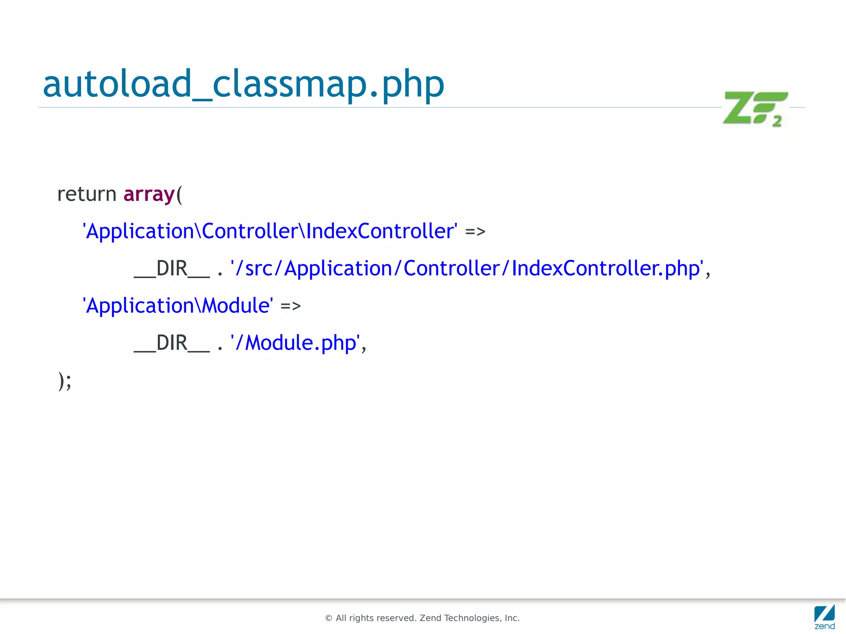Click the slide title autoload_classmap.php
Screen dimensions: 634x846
click(243, 84)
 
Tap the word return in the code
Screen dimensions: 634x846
click(87, 194)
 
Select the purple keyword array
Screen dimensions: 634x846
click(149, 194)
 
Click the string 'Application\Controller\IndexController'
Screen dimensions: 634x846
click(270, 231)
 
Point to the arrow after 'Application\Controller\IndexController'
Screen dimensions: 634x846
click(475, 232)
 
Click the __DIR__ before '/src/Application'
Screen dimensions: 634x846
click(172, 268)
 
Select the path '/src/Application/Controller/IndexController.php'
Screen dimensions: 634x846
click(467, 268)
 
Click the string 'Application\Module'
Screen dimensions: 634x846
click(178, 306)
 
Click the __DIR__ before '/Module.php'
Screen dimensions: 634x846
click(172, 343)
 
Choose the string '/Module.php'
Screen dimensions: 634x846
click(295, 343)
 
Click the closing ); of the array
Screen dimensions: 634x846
click(65, 380)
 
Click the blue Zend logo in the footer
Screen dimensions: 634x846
click(825, 617)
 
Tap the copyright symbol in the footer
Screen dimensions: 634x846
click(329, 618)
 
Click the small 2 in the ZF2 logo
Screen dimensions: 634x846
click(777, 121)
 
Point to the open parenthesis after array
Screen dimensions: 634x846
click(179, 195)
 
